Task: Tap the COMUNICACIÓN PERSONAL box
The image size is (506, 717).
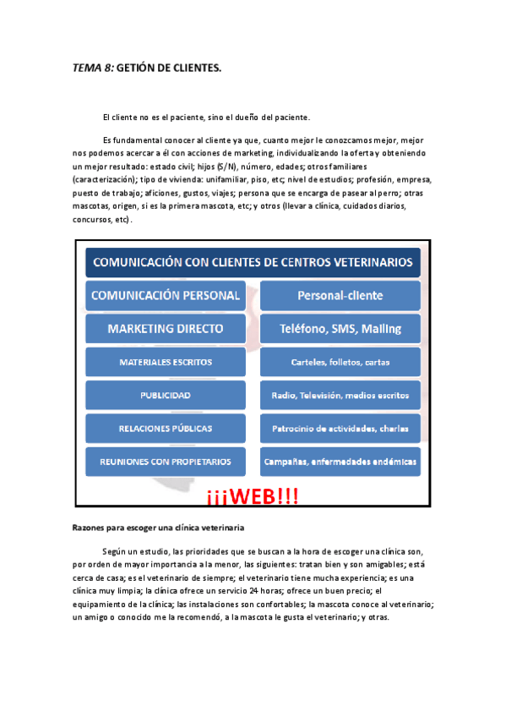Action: (x=166, y=296)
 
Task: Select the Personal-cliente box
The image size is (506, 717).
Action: (x=340, y=296)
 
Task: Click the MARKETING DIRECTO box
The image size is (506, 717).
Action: (x=166, y=329)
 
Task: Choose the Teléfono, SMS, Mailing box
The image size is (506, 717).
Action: (x=340, y=329)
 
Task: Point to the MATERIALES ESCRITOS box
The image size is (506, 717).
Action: (x=166, y=362)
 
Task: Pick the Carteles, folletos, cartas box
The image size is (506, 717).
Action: (x=340, y=362)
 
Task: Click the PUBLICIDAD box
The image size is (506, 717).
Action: (x=166, y=395)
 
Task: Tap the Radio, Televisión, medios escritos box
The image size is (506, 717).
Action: (x=340, y=395)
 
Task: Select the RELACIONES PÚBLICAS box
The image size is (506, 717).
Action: (x=166, y=428)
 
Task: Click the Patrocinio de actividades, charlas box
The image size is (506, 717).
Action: (x=340, y=428)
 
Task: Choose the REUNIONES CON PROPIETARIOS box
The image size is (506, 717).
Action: (x=166, y=461)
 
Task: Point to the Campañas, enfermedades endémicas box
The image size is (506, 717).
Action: (x=340, y=461)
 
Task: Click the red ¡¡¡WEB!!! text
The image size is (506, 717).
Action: (x=252, y=496)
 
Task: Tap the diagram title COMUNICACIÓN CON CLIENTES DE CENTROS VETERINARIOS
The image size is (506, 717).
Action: (x=253, y=262)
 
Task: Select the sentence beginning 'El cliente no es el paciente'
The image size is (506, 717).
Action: (x=206, y=117)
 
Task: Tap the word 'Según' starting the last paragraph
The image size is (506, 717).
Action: (x=114, y=550)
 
